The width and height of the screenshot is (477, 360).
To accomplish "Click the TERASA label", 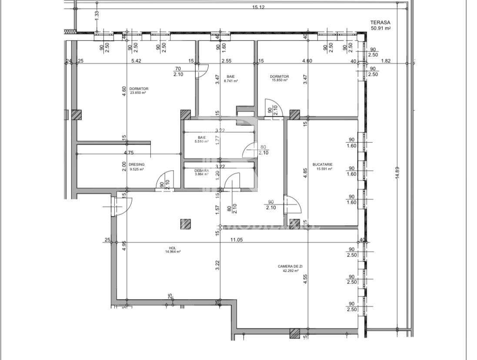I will pos(380,22).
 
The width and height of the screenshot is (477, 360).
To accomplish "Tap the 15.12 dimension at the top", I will pos(258,7).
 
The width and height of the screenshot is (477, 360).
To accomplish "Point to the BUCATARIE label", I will pos(322,165).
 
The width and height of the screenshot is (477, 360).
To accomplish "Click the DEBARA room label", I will pos(202,170).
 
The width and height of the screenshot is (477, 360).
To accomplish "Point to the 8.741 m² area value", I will pos(230,81).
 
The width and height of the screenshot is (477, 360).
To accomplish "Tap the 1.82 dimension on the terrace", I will pos(386,61).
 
